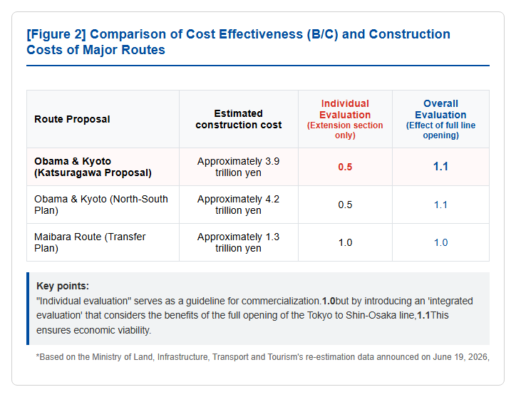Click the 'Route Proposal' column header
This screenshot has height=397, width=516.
coord(72,119)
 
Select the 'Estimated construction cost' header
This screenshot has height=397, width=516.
coord(239,119)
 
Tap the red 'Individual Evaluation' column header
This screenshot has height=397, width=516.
coord(345,109)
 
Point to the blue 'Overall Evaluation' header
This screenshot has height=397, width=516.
coord(440,109)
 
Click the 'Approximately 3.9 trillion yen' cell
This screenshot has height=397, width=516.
coord(238,167)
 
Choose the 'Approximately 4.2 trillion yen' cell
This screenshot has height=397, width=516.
coord(238,205)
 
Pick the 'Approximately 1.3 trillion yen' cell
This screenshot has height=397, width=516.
coord(238,242)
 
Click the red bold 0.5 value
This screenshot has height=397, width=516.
coord(345,167)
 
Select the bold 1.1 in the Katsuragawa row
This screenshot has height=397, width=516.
coord(440,167)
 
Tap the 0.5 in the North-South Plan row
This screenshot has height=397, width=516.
coord(345,205)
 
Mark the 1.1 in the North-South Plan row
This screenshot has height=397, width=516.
coord(440,205)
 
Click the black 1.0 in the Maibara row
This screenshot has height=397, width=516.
coord(345,242)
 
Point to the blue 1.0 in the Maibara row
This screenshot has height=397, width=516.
coord(440,242)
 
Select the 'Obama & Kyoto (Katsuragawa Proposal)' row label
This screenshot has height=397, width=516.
coord(93,167)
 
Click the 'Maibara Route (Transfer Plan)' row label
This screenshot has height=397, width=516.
coord(90,242)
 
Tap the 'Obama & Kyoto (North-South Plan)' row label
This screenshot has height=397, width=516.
coord(101,205)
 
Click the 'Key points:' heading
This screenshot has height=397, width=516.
coord(63,286)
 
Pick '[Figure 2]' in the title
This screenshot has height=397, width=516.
coord(56,34)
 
